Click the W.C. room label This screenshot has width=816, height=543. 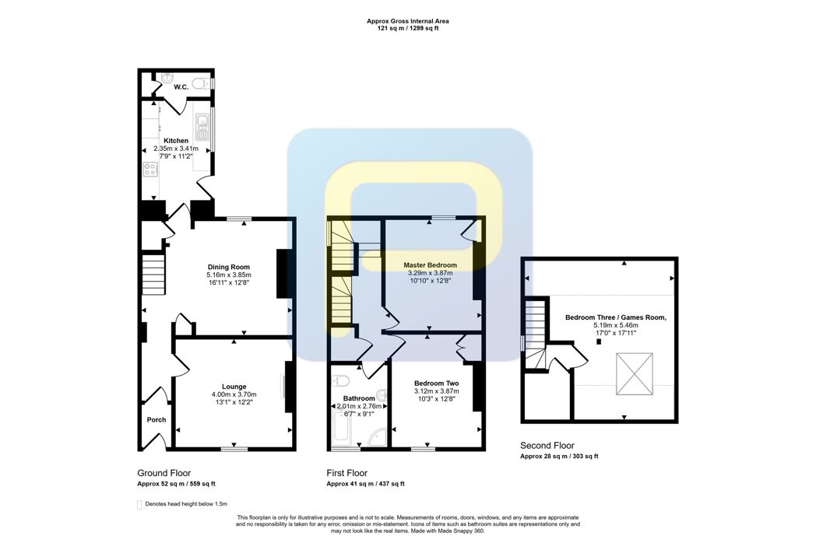click(181, 87)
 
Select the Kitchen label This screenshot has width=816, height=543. click(176, 141)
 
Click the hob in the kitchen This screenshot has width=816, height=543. click(150, 169)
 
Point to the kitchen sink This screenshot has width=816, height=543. click(201, 128)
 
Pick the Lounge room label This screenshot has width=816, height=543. click(234, 387)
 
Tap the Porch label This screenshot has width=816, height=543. click(157, 420)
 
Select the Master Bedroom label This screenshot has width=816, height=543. click(431, 264)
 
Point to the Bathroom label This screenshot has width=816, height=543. click(359, 398)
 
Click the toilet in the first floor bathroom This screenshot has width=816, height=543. click(342, 381)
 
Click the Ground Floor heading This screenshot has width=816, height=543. click(164, 473)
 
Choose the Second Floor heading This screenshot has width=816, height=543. click(547, 445)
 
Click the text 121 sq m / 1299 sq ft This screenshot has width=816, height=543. click(408, 29)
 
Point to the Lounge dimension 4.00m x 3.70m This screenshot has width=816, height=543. click(234, 394)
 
